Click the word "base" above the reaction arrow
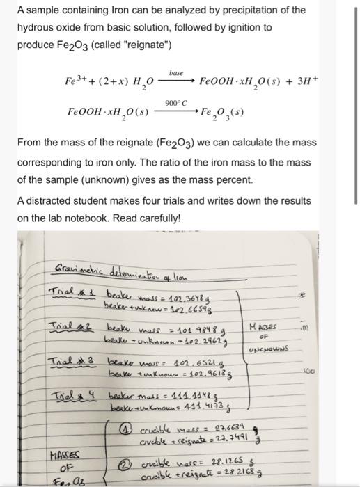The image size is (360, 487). pos(175,71)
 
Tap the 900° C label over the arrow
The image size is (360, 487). pos(175,102)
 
